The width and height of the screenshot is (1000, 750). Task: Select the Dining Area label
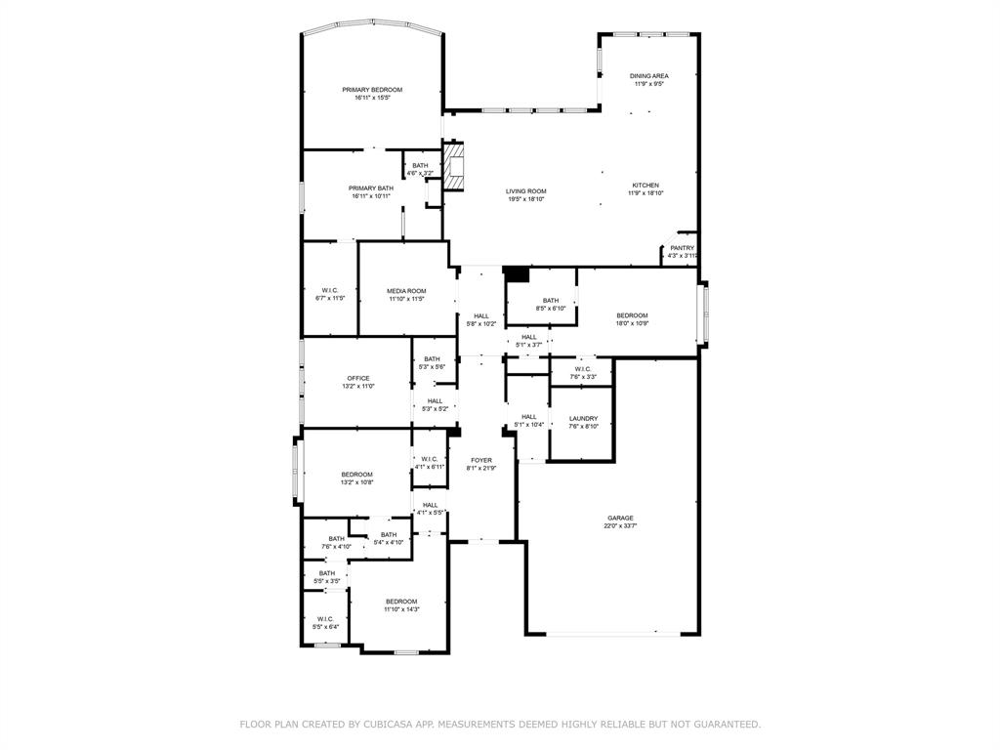coord(648,76)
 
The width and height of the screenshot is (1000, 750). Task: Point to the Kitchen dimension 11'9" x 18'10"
coord(646,193)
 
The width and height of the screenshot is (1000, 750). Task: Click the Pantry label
coord(682,248)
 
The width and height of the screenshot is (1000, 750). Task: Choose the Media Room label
coord(406,291)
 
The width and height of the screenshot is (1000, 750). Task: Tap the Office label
coord(358,378)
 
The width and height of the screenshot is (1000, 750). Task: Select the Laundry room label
coord(583,419)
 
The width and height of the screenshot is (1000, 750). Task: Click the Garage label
coord(620,519)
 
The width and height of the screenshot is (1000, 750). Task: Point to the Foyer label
coord(481,460)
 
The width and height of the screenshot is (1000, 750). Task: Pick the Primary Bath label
coord(371,187)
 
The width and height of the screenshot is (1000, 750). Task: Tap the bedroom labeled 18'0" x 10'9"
coord(632,315)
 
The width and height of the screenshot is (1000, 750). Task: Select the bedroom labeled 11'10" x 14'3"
coord(401,602)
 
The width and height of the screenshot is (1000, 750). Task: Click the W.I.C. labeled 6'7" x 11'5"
coord(330,290)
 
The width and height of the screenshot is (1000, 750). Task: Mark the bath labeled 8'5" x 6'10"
coord(551,301)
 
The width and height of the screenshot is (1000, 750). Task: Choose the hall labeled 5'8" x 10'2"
coord(481,315)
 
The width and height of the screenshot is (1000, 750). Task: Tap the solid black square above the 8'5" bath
coord(516,274)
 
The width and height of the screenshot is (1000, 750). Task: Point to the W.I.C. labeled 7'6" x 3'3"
coord(582,369)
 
